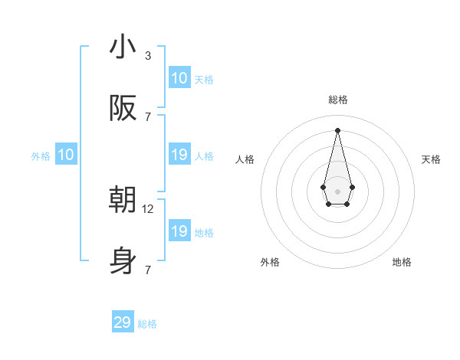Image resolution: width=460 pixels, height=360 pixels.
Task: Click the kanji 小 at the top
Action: [x=123, y=47]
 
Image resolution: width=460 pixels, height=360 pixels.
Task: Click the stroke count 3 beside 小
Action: [x=148, y=55]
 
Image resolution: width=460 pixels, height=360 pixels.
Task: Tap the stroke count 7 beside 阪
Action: [x=148, y=116]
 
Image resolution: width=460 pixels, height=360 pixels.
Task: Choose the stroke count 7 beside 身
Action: [x=148, y=270]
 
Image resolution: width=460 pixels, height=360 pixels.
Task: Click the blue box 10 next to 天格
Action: [x=179, y=78]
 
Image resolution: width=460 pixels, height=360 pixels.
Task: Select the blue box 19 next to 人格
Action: [x=179, y=155]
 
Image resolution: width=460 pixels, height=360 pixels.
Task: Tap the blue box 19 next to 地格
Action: [x=179, y=231]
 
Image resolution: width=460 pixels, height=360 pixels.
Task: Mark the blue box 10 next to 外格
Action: [x=66, y=155]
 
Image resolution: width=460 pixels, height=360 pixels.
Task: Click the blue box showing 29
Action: [x=123, y=322]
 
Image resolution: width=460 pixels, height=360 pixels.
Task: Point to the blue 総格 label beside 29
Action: [x=147, y=324]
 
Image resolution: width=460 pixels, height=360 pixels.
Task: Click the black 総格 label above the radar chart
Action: [x=337, y=100]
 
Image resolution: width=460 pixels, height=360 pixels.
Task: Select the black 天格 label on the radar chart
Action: [x=431, y=159]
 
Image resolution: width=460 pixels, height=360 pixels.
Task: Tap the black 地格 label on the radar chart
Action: [x=402, y=262]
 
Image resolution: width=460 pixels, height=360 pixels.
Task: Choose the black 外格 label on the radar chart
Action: [x=270, y=262]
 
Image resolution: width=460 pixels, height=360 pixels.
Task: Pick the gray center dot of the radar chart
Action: [x=337, y=191]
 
